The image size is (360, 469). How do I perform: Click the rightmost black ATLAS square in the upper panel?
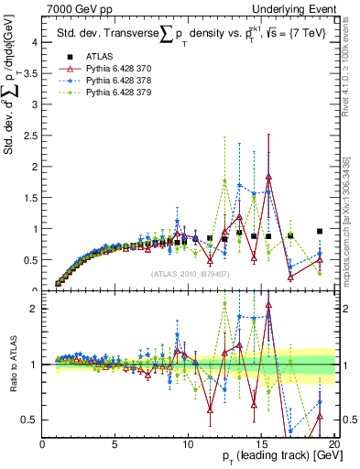point(320,232)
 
